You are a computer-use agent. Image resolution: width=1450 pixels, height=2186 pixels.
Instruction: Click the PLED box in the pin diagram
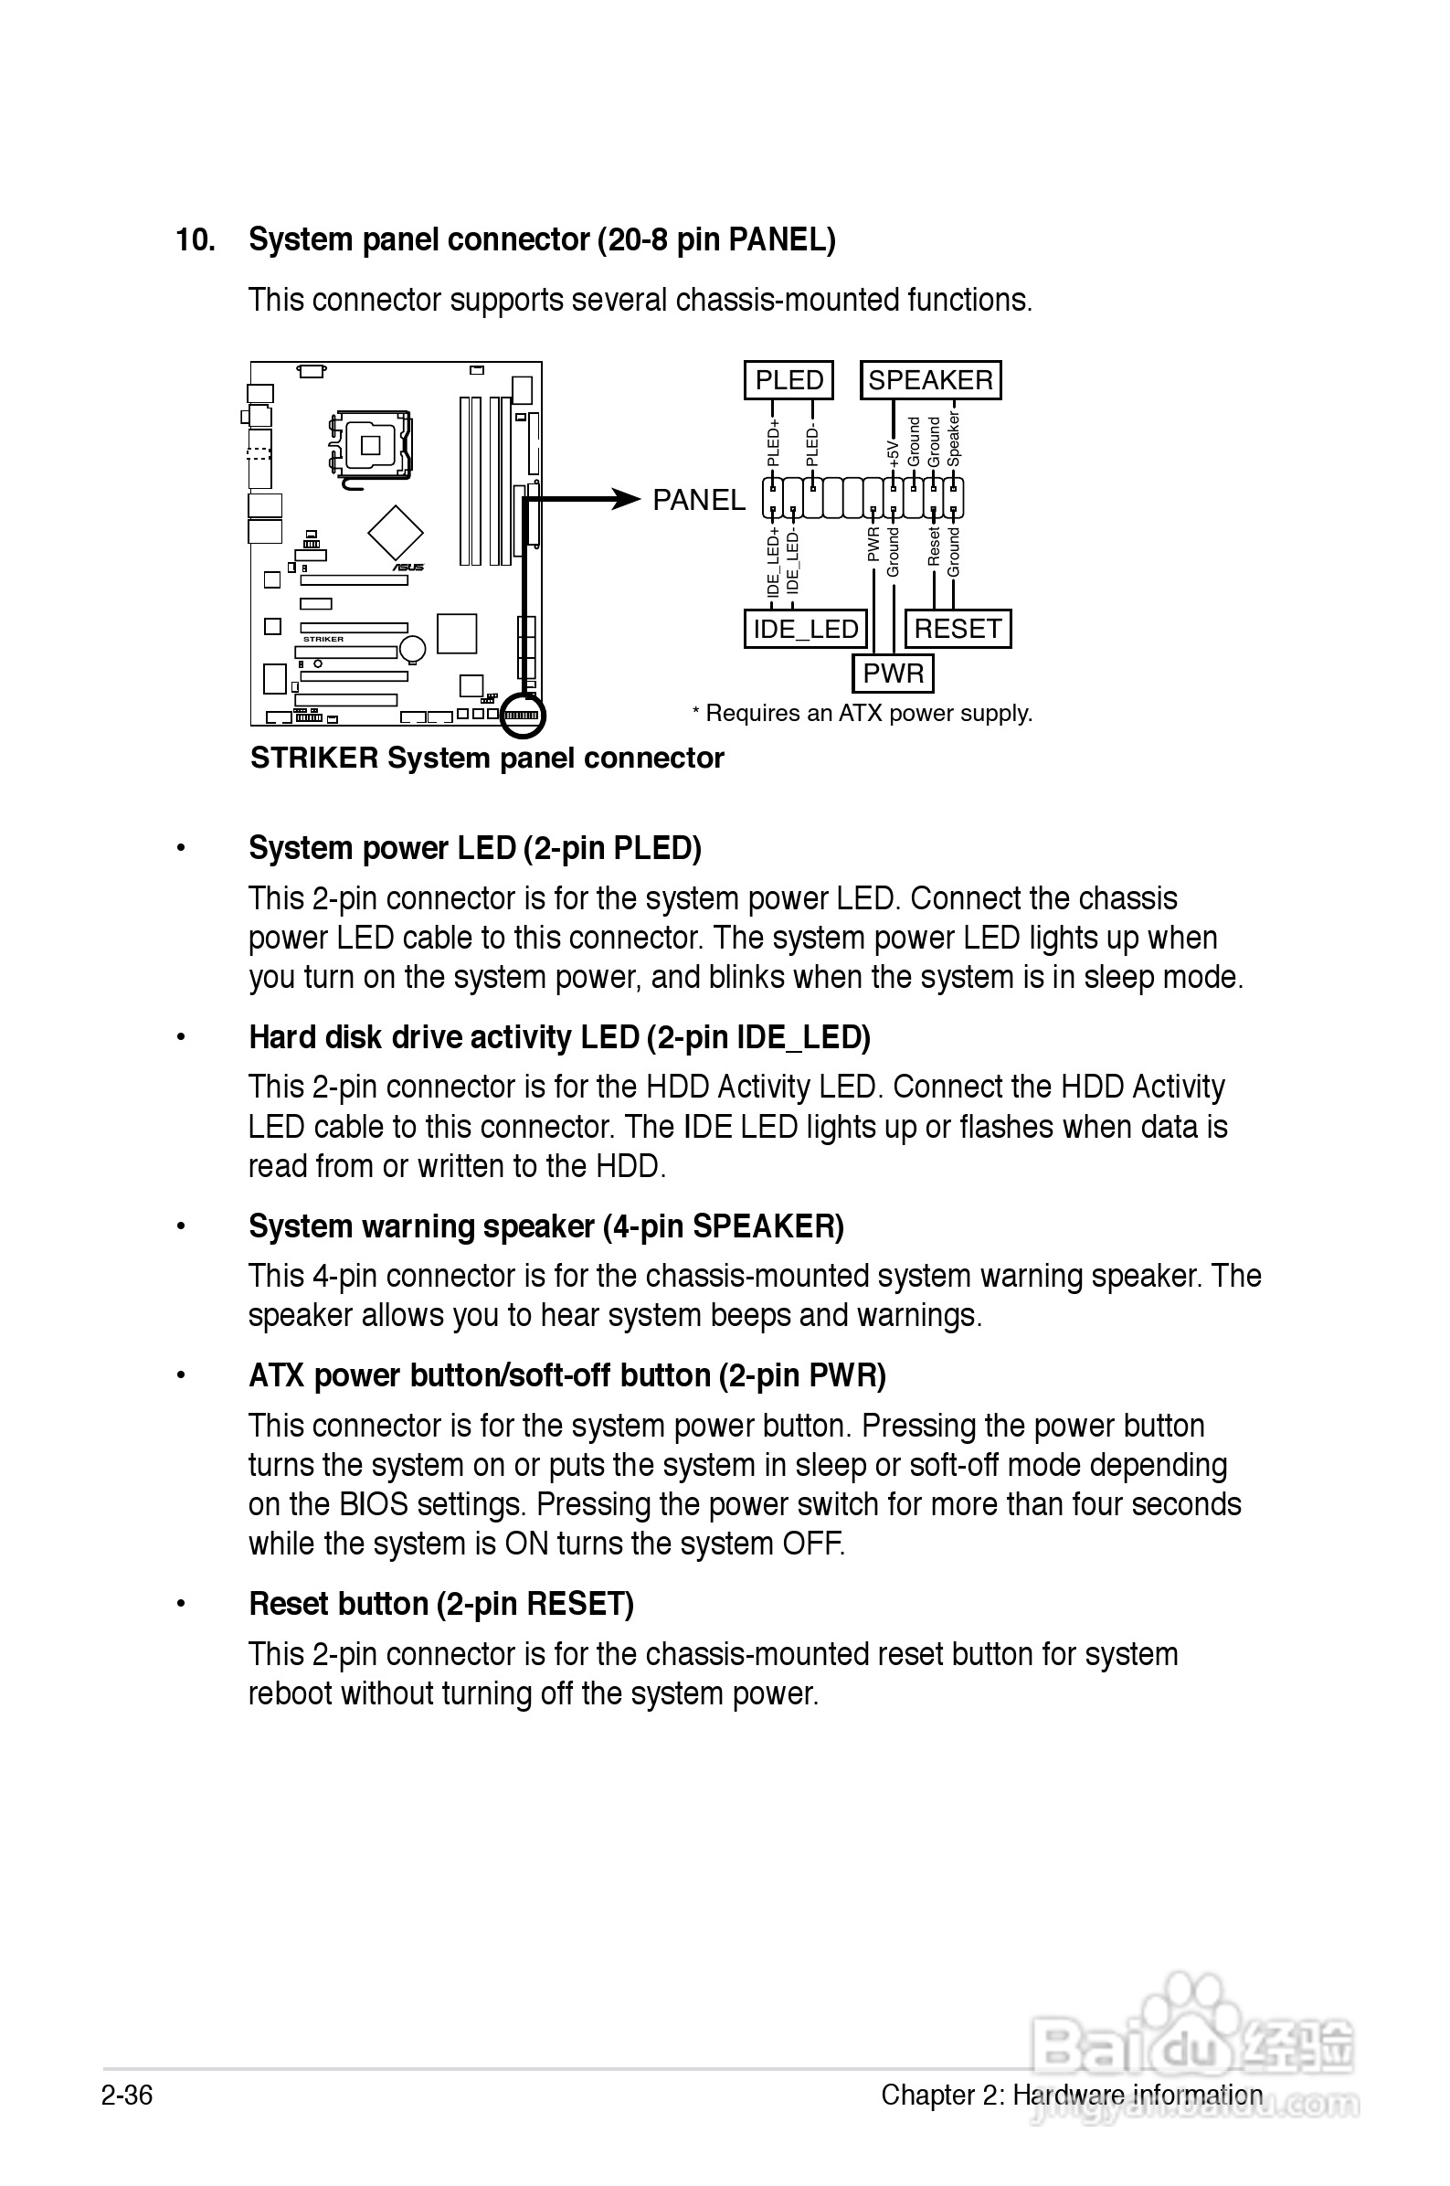pyautogui.click(x=788, y=380)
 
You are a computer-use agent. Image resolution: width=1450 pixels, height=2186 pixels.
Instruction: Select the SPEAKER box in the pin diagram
pyautogui.click(x=930, y=380)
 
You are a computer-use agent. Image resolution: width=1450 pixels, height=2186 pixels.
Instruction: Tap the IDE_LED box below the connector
pyautogui.click(x=806, y=629)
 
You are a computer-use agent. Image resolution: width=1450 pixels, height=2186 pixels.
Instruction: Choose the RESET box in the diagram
pyautogui.click(x=958, y=629)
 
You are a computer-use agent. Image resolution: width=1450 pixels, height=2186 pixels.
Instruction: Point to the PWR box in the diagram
pyautogui.click(x=893, y=674)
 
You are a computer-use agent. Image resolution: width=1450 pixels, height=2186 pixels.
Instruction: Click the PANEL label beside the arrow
pyautogui.click(x=698, y=500)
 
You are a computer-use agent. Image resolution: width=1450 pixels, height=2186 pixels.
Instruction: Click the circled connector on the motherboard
pyautogui.click(x=523, y=716)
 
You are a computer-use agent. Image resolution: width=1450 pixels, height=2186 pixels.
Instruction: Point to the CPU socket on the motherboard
pyautogui.click(x=371, y=446)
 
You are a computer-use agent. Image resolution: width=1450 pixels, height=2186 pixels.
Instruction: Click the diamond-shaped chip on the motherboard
pyautogui.click(x=396, y=533)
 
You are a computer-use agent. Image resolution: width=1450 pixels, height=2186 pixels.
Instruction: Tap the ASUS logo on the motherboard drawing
pyautogui.click(x=407, y=567)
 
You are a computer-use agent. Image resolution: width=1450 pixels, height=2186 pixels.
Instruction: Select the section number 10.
pyautogui.click(x=196, y=240)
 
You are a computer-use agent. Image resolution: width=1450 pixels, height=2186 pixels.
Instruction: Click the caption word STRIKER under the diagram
pyautogui.click(x=314, y=759)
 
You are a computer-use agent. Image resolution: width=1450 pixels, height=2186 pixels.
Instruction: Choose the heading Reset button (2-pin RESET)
pyautogui.click(x=441, y=1604)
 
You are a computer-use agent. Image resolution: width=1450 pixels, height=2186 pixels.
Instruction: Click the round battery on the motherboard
pyautogui.click(x=412, y=648)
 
